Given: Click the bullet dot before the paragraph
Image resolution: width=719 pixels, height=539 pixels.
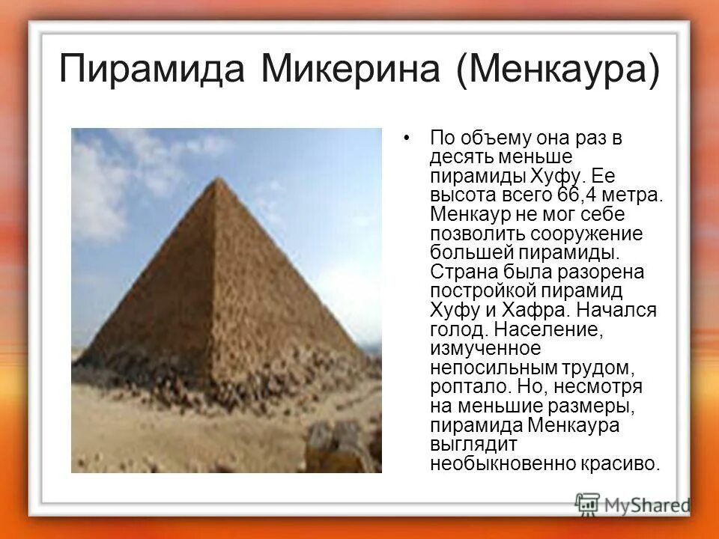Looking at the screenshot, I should [407, 138].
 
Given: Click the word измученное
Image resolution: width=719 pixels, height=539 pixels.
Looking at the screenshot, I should [485, 349].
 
